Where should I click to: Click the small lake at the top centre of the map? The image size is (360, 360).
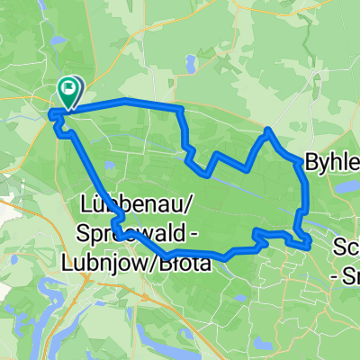click(x=192, y=65)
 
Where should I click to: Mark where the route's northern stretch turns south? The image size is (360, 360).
click(x=182, y=111)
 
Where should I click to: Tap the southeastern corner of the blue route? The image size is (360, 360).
click(x=309, y=243)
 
